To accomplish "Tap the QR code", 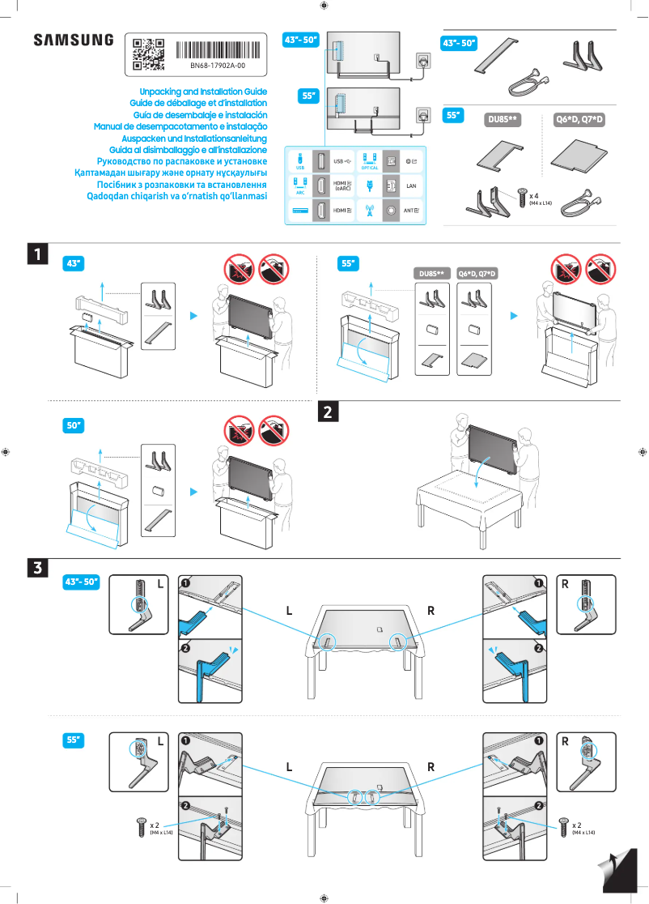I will coord(148,53).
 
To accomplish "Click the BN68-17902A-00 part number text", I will coord(218,65).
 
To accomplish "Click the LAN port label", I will coord(411,185).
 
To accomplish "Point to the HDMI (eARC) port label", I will coord(342,185).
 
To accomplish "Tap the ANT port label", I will coord(411,210).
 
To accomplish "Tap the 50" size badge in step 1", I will coord(74,425).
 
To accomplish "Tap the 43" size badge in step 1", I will coord(74,263).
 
